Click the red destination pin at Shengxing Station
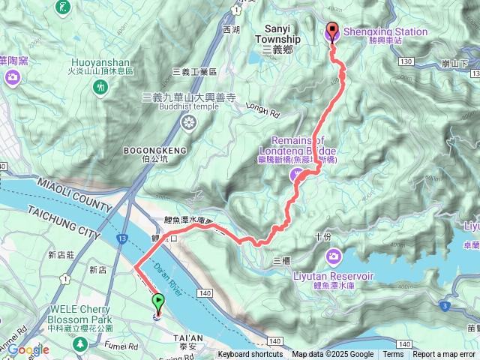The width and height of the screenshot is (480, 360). [332, 31]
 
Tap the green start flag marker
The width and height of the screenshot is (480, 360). [158, 303]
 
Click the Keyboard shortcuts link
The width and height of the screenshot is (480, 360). [250, 355]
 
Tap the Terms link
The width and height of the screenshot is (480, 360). [393, 355]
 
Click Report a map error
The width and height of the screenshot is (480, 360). [445, 355]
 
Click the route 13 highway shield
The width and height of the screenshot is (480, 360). [121, 238]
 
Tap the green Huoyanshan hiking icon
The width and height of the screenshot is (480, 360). [99, 88]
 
